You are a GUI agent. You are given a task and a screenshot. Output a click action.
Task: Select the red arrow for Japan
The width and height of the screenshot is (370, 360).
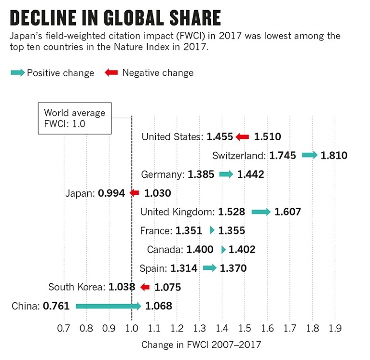[134, 193]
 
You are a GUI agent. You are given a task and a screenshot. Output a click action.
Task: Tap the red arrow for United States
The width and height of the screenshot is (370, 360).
[242, 137]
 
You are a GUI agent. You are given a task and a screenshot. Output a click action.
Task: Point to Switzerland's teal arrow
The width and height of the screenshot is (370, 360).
[310, 155]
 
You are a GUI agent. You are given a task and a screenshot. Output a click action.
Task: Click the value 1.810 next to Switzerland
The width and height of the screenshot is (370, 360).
[334, 156]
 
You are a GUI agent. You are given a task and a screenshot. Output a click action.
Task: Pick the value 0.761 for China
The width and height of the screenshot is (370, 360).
[56, 306]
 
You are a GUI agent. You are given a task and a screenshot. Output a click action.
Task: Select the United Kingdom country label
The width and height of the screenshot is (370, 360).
[177, 212]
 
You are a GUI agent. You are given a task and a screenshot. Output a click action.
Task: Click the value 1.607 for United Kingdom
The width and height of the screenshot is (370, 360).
[288, 212]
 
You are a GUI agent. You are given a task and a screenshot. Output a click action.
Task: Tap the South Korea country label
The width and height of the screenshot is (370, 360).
[77, 287]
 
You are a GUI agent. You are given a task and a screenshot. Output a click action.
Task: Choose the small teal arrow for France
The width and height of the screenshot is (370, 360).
[212, 231]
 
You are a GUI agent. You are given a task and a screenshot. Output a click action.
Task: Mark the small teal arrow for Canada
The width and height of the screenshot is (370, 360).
[223, 250]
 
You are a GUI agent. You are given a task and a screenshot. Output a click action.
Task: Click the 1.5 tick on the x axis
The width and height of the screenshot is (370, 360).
[245, 328]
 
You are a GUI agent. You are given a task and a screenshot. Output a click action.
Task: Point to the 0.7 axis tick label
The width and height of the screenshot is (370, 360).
[64, 328]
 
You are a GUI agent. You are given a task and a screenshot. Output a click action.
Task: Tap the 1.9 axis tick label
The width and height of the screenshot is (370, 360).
[335, 328]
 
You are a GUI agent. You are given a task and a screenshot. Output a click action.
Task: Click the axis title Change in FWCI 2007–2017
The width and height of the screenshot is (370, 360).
[201, 345]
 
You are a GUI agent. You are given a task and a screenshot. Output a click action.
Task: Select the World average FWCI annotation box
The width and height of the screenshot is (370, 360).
[75, 118]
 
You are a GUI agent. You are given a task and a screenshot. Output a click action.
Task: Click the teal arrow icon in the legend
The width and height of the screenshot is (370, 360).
[18, 73]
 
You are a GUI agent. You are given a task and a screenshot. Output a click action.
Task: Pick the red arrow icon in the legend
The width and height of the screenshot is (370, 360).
[111, 73]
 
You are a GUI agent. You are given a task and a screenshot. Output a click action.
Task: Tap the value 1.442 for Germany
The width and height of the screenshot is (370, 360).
[250, 174]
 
